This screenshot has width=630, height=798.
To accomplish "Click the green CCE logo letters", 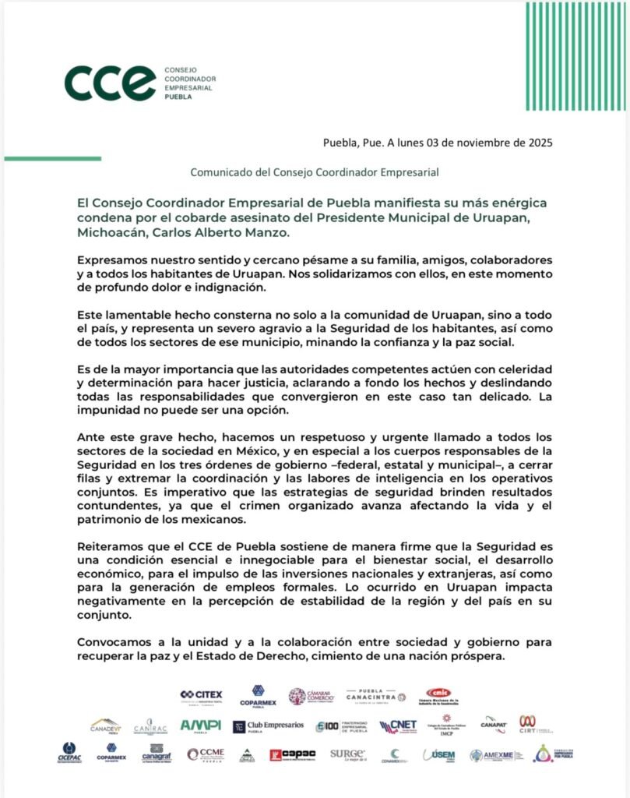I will click(x=110, y=83).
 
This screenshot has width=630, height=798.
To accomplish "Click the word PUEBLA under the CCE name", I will click(x=178, y=98).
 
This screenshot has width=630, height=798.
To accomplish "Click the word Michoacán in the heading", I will click(x=109, y=232).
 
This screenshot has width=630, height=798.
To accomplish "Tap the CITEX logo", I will click(x=201, y=694).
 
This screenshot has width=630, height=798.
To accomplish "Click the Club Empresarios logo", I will click(x=269, y=726).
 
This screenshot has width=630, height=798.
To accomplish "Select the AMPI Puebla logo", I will click(x=200, y=726).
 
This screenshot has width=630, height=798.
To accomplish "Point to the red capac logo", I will click(x=292, y=754).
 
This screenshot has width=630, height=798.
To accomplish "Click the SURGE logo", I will click(x=347, y=754).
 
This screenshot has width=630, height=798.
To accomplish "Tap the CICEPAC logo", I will click(x=68, y=753).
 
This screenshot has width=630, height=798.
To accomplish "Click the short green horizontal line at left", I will click(x=52, y=158).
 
